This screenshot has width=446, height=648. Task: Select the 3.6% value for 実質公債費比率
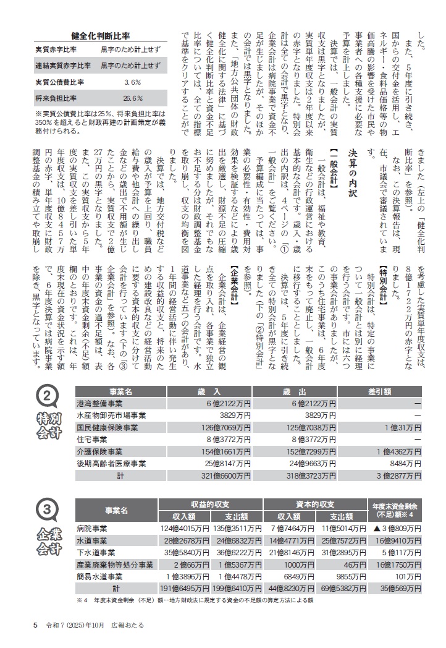133,82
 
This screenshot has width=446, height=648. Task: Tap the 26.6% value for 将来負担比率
133,98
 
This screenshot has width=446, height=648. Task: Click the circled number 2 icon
47,396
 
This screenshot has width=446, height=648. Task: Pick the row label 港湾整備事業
99,403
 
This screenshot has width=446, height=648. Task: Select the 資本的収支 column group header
316,504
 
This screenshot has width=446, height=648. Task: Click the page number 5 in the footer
36,625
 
